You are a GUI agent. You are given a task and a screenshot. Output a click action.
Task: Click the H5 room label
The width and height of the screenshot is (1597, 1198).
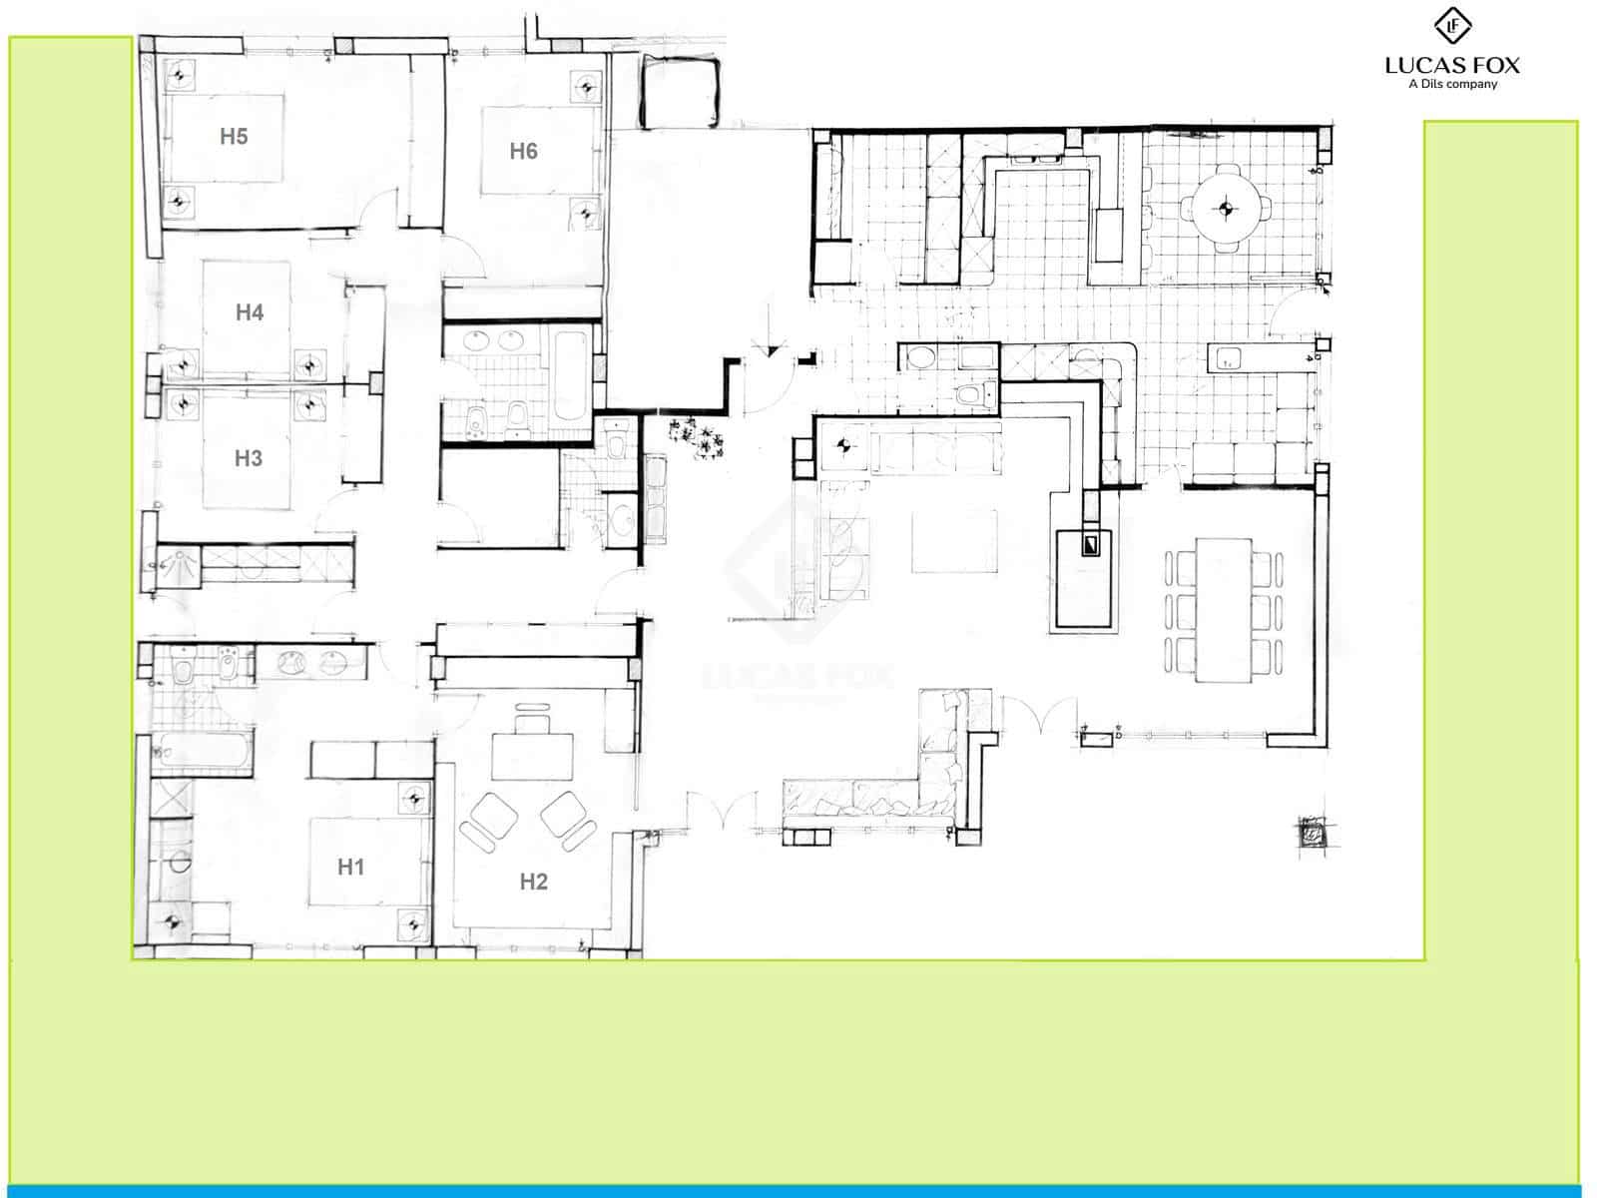click(x=234, y=137)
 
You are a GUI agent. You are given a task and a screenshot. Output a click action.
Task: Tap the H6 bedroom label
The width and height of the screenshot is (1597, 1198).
click(x=523, y=151)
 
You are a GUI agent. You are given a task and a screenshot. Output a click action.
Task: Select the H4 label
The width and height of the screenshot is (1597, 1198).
click(x=249, y=312)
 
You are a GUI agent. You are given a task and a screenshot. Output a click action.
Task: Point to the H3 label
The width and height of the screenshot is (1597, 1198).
click(x=248, y=458)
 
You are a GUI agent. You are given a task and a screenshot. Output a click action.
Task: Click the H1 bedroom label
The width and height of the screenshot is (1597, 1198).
click(x=350, y=867)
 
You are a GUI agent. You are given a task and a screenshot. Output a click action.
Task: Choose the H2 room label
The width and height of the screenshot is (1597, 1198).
click(x=533, y=882)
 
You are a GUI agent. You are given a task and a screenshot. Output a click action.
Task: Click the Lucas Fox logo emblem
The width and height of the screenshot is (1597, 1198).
click(x=1452, y=26)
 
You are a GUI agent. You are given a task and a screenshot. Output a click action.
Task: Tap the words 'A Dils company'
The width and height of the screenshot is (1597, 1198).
click(x=1452, y=85)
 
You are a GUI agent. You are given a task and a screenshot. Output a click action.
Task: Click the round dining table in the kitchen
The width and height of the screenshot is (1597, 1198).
click(x=1226, y=209)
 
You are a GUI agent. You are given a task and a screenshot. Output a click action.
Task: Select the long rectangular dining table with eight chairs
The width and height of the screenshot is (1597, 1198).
click(x=1224, y=610)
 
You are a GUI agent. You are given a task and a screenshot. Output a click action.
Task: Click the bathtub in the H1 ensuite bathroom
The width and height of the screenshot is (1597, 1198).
click(x=203, y=754)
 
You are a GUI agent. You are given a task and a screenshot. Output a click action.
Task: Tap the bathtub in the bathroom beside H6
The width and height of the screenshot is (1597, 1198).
click(x=570, y=376)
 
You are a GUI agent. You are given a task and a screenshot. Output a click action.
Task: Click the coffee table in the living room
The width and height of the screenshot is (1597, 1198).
click(x=954, y=541)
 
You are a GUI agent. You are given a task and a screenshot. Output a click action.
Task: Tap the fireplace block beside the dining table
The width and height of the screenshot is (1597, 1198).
click(x=1085, y=577)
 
